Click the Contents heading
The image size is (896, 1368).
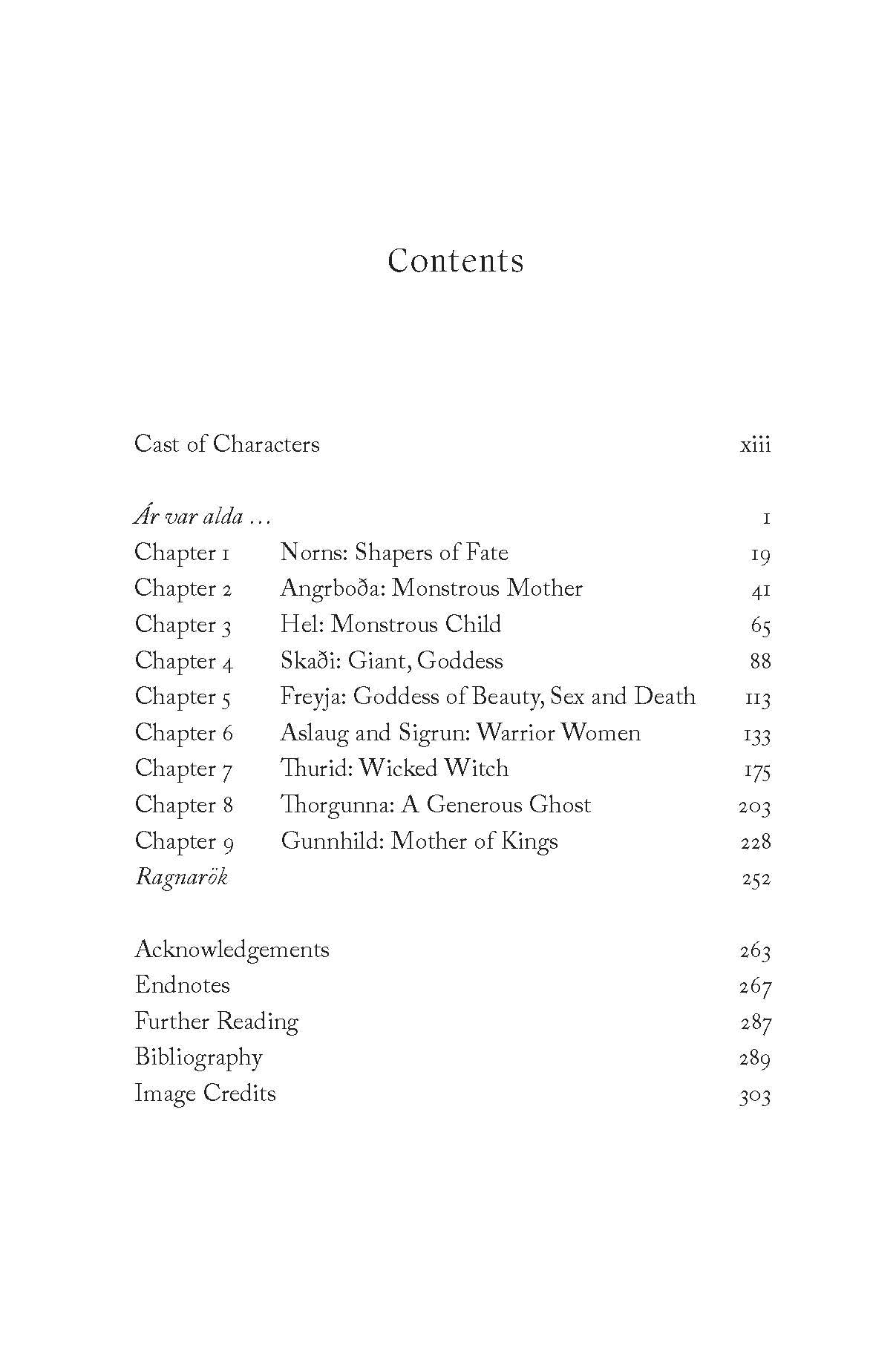point(455,260)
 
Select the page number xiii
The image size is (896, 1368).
point(756,445)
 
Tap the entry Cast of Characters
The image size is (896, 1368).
point(226,444)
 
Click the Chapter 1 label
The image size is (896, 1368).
point(182,553)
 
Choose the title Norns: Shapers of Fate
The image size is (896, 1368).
point(393,553)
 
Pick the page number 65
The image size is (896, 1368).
point(760,625)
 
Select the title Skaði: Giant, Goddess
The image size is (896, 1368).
point(391,662)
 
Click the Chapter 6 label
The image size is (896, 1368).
point(183,734)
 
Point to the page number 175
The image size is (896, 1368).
point(757,770)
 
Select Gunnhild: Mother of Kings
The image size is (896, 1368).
point(419,842)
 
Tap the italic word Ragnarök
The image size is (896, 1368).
point(181,878)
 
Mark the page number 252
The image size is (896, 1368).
point(756,879)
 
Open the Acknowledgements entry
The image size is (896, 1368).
point(232,950)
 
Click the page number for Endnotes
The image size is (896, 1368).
point(756,987)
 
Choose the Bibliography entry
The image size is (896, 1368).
point(198,1058)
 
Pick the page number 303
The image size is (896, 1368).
point(755,1095)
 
